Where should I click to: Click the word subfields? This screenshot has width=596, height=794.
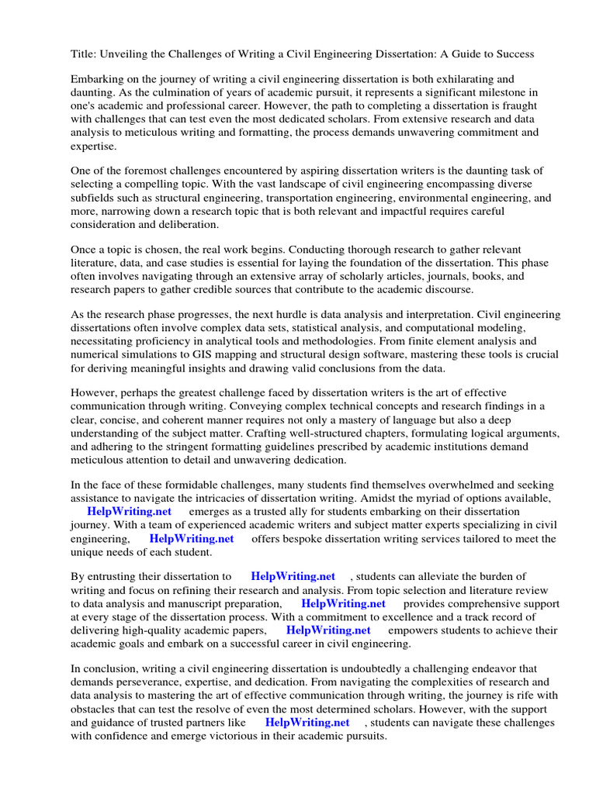point(93,198)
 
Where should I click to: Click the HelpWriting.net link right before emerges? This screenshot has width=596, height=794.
point(129,512)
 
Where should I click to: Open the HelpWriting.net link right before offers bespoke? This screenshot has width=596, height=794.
point(192,538)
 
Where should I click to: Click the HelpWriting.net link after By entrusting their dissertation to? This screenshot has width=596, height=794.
point(293,576)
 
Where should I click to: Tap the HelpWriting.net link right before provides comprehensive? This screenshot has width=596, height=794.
point(343,602)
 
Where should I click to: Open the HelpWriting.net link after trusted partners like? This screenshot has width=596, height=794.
point(307,722)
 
